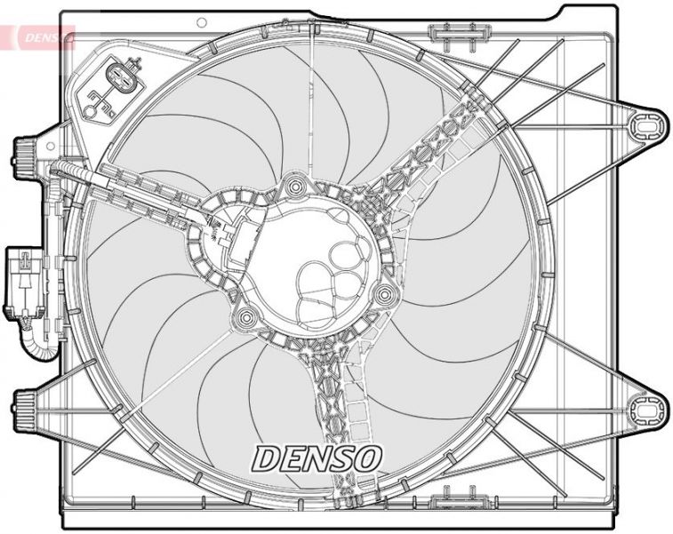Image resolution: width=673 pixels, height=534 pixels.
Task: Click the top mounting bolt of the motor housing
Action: point(293,188)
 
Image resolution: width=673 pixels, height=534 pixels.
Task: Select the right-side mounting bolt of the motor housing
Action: point(384,294)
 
